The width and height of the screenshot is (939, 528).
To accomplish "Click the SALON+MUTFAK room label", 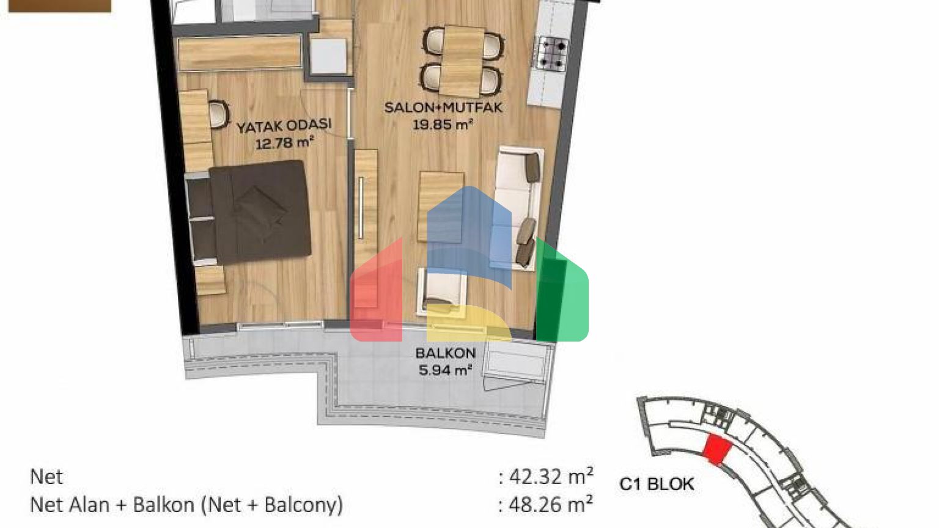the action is (443, 108).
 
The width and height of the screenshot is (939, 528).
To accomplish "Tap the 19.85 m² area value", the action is (443, 125).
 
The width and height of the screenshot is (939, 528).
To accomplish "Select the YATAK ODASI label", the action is (284, 125).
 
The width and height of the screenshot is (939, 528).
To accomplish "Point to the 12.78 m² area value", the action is (285, 144).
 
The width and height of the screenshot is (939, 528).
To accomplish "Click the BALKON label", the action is (445, 353).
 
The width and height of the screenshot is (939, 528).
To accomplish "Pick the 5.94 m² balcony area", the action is (445, 370).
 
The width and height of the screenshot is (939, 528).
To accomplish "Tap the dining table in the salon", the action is (463, 61).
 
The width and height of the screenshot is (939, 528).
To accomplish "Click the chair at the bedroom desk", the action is (218, 114).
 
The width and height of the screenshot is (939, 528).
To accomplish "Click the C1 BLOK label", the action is (657, 485).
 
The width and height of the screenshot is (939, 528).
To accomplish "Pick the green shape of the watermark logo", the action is (562, 291).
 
